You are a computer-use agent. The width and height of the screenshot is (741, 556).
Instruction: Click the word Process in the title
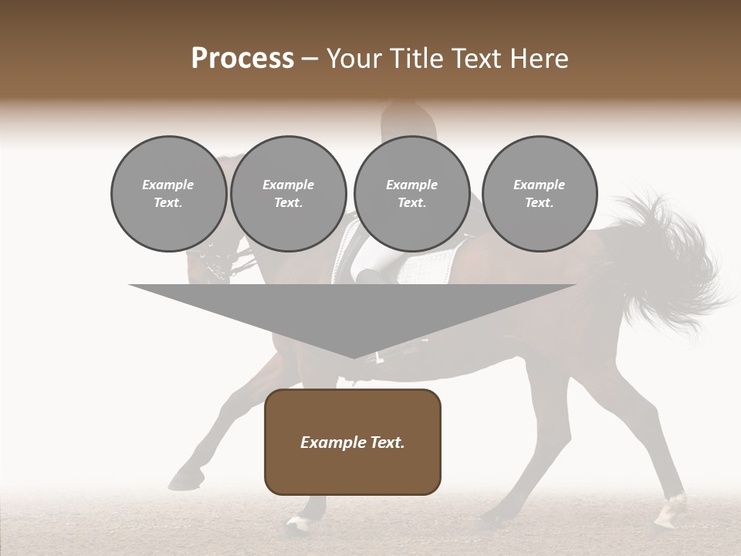point(242,59)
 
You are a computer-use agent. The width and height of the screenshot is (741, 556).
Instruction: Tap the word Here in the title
point(538,59)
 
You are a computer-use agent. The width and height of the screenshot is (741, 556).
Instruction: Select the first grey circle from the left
point(168,194)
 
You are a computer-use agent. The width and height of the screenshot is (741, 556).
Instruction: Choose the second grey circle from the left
point(289,194)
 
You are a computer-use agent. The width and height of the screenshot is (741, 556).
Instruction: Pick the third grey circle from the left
point(411,194)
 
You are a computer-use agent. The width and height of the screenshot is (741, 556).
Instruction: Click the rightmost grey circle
point(540,194)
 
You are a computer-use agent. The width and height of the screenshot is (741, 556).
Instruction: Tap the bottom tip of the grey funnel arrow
point(354,357)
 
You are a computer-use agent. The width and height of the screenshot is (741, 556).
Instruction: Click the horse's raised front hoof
point(182,480)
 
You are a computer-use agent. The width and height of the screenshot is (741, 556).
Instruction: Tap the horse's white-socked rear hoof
point(670,513)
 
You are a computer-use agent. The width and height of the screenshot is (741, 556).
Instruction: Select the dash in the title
point(310,59)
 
